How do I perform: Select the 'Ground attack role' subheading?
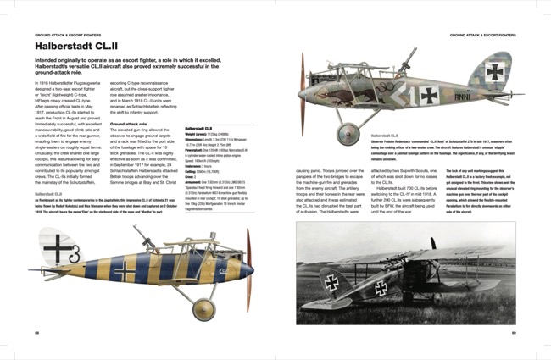[x=129, y=124]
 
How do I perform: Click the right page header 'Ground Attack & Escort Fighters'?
[x=489, y=36]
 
